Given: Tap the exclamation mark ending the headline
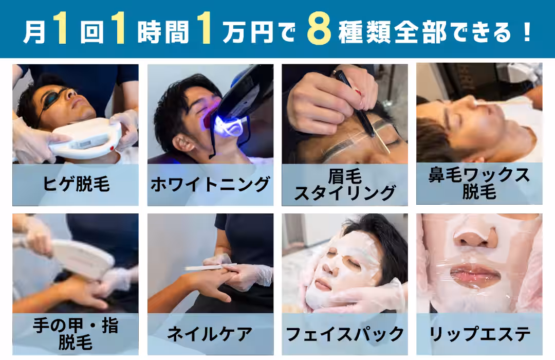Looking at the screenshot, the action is tap(527, 32).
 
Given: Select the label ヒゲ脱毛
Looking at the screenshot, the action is tap(76, 184).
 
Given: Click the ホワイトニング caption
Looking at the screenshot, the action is tap(210, 185).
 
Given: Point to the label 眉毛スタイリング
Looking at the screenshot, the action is tap(345, 185).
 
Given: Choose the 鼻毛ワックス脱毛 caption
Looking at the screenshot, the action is tap(479, 183).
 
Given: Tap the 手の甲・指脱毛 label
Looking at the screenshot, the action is tap(76, 334).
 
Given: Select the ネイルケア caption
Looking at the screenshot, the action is tap(210, 334).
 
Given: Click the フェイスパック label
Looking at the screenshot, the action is tap(345, 334).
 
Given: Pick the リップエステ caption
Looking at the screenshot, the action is tap(479, 334).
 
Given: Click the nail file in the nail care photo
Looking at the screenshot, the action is tap(210, 266).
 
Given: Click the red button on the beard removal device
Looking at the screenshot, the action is tap(112, 148).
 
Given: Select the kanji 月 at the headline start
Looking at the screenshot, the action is tap(34, 32).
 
